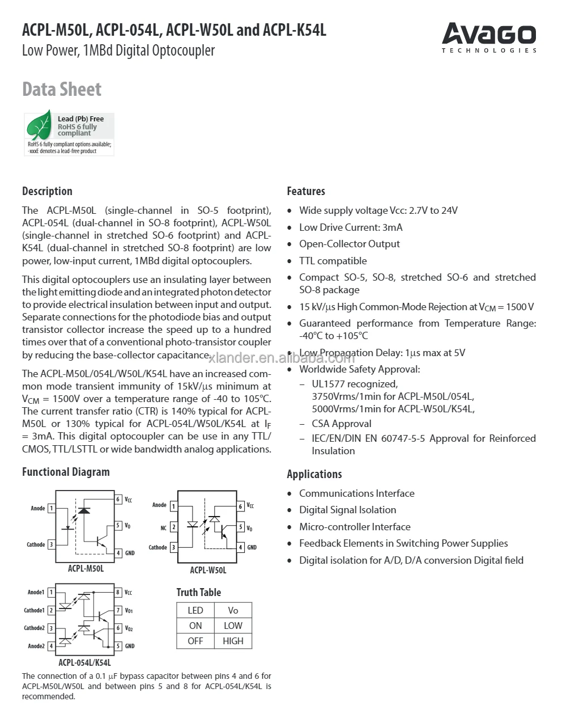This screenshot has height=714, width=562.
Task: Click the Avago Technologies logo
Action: click(x=488, y=36)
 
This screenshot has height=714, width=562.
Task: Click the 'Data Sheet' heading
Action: click(x=62, y=90)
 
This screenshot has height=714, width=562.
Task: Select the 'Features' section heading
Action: click(x=306, y=191)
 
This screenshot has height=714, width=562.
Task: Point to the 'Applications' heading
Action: click(x=314, y=474)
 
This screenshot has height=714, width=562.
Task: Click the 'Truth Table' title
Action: click(x=198, y=592)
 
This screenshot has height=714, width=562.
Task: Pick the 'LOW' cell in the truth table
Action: click(x=233, y=626)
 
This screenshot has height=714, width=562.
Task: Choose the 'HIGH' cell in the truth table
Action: click(x=233, y=641)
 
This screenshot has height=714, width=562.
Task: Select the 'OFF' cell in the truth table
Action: click(x=195, y=641)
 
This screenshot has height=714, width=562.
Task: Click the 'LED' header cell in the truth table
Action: click(x=195, y=610)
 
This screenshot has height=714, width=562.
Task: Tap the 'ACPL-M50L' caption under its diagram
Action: click(x=86, y=568)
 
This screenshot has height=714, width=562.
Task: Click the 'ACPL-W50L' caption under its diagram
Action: click(x=208, y=570)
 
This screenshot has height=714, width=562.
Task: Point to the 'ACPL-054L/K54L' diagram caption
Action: click(x=84, y=662)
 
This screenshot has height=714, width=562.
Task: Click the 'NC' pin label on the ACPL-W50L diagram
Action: click(x=164, y=528)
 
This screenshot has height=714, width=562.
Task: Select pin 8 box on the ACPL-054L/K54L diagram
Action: click(x=118, y=593)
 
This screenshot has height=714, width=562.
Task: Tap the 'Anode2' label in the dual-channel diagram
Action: click(x=36, y=646)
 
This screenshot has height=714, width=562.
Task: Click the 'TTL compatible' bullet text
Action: click(x=333, y=261)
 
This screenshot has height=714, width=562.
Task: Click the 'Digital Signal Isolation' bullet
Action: click(x=347, y=510)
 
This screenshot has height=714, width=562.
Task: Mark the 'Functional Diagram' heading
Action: click(x=66, y=472)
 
